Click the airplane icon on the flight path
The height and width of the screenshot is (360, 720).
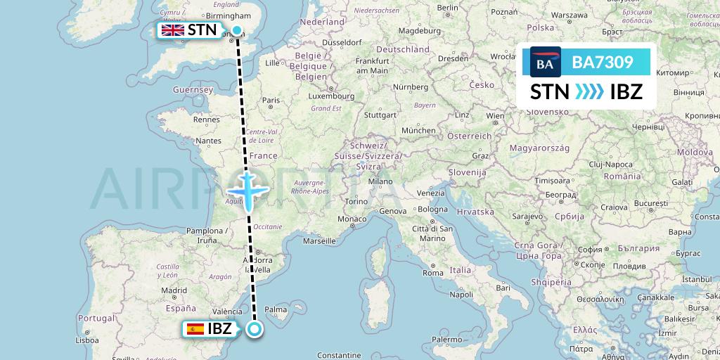coord(247,191)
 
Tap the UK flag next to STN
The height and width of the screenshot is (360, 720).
coord(172,30)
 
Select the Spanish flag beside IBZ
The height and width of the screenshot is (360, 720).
coord(195,329)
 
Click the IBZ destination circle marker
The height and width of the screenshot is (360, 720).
coord(255,328)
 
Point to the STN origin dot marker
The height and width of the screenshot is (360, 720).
coord(238,30)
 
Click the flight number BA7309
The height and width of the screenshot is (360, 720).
coord(603,63)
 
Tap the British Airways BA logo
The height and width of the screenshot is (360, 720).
coord(545,63)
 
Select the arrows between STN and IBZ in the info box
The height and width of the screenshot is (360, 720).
coord(585,91)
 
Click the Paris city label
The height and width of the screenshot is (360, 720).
coord(271,101)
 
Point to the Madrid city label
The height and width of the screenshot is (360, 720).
coord(174,290)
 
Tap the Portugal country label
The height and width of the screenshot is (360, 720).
coord(96,318)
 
